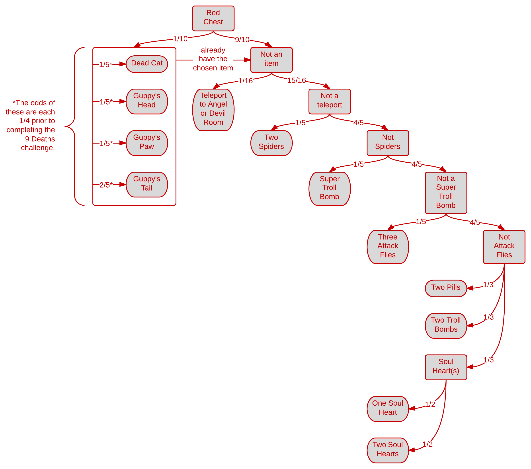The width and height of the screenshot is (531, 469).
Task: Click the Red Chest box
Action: point(213,18)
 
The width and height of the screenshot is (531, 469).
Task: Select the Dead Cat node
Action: point(147,64)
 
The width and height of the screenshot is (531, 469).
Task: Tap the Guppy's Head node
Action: point(147,101)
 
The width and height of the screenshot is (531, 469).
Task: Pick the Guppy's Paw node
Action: point(147,143)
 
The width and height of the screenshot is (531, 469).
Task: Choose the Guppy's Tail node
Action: point(147,184)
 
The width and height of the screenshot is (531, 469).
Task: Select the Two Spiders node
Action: point(271,143)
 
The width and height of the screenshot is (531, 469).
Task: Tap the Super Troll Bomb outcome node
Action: point(329,188)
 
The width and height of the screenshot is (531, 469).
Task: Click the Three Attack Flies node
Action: point(388,246)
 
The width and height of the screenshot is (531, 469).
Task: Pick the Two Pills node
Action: point(446,288)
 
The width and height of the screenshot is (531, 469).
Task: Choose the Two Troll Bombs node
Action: point(446,325)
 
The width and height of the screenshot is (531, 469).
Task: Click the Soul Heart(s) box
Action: point(446,367)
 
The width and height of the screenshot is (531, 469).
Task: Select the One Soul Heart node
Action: point(388,408)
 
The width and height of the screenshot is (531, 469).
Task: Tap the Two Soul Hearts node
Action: point(388,450)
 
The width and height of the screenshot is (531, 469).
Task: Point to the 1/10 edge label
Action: point(180,39)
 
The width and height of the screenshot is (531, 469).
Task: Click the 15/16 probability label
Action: point(297,80)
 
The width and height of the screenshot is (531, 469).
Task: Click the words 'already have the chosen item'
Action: point(213,59)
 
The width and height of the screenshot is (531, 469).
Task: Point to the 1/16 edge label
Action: point(245,81)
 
